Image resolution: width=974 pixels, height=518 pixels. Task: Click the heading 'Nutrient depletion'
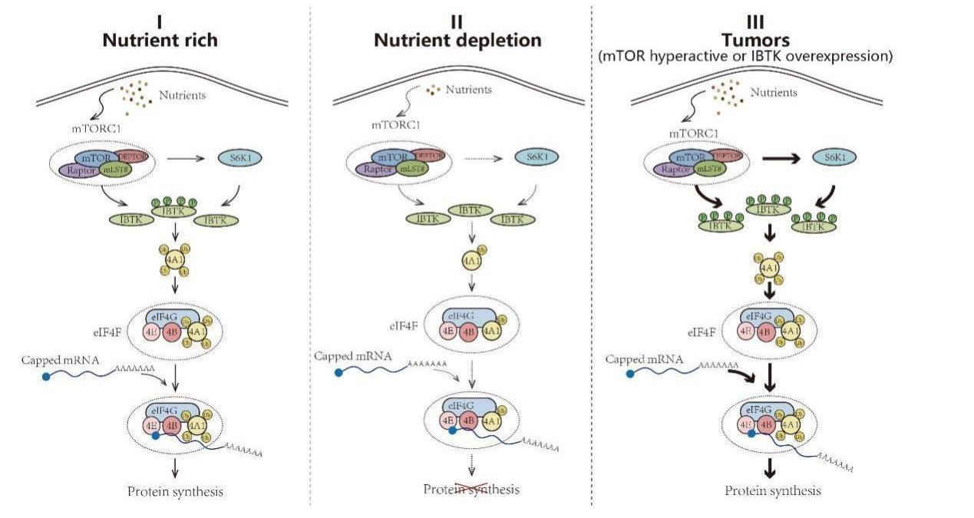pos(457,39)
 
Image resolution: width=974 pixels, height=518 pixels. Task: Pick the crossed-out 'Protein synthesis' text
pos(472,489)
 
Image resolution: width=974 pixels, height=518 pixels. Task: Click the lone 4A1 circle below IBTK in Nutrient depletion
pos(471,260)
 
